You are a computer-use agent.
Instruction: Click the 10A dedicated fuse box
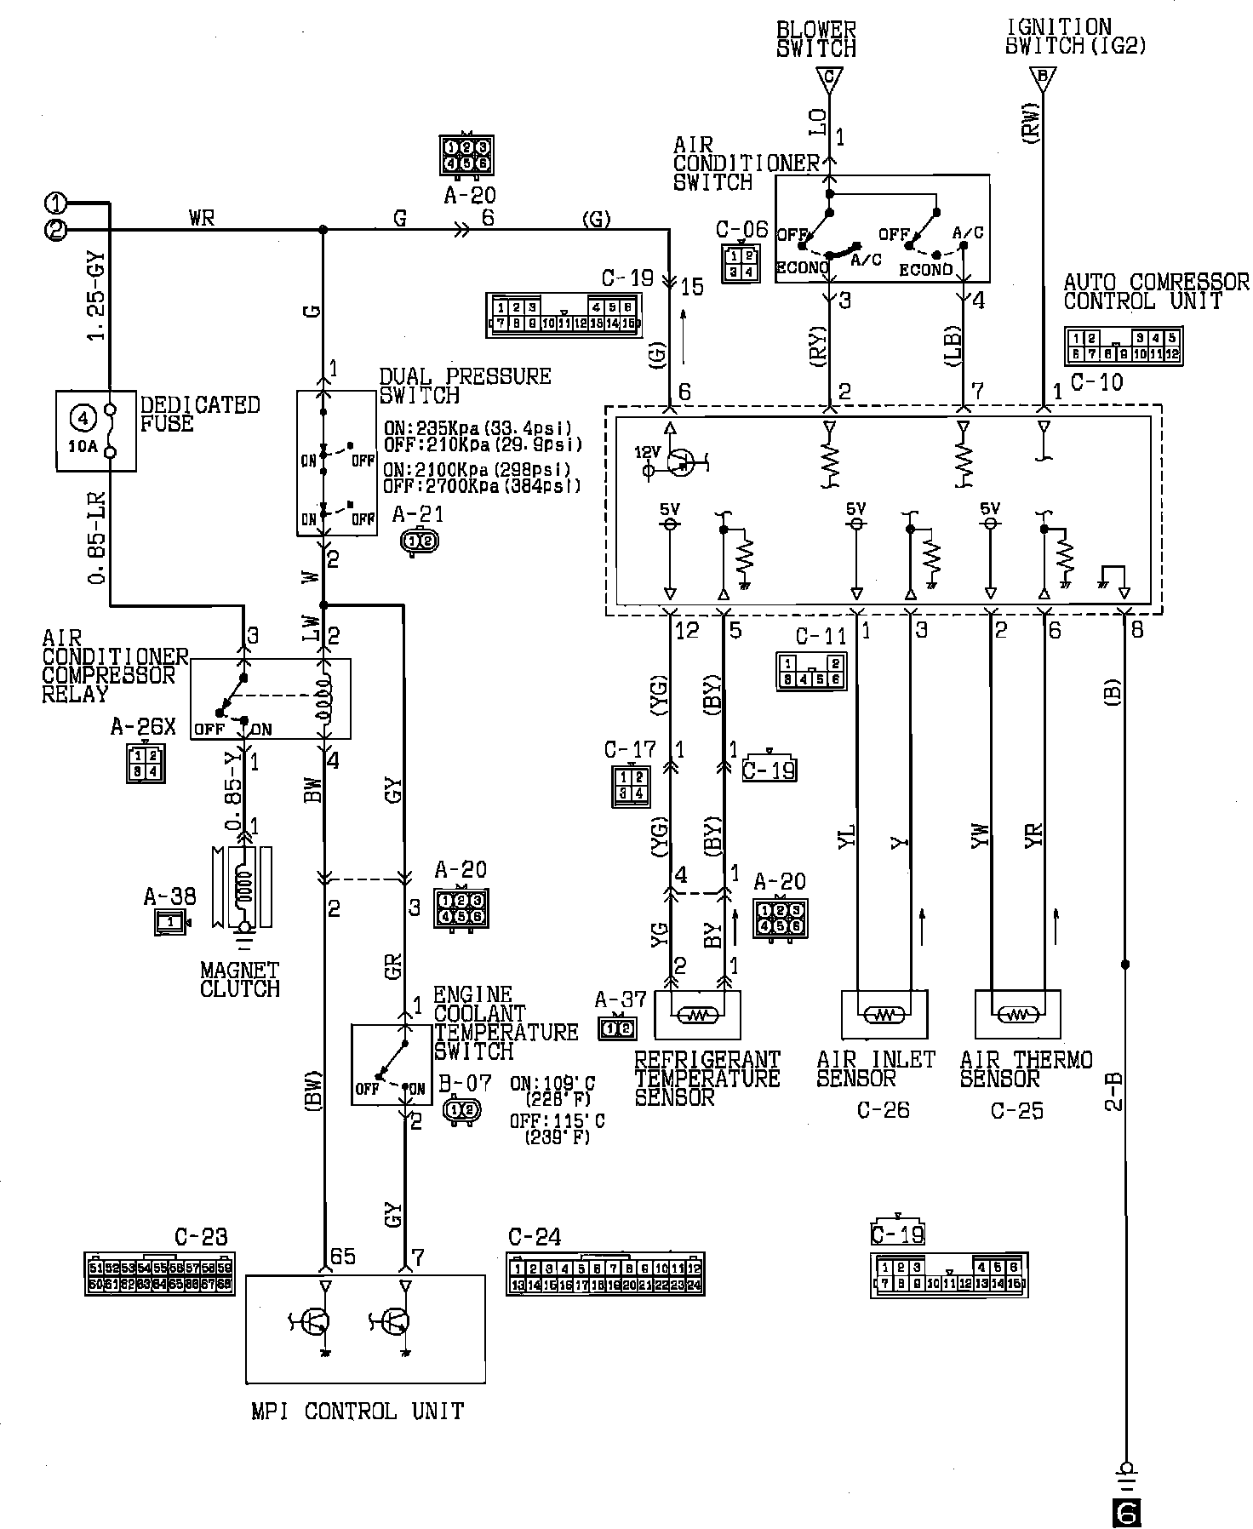tap(95, 431)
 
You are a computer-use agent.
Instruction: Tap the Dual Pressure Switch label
tap(465, 386)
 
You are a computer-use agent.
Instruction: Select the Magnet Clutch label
tap(239, 979)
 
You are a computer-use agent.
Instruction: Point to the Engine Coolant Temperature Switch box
tap(392, 1064)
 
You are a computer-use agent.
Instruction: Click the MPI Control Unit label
tap(358, 1411)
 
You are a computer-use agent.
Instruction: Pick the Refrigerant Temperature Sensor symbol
tap(697, 1014)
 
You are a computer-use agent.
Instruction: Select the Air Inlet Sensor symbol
tap(884, 1014)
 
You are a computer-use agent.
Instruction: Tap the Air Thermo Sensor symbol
tap(1017, 1014)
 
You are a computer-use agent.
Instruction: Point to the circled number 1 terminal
tap(55, 203)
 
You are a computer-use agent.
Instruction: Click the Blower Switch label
tap(815, 40)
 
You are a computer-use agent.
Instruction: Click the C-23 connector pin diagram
tap(159, 1274)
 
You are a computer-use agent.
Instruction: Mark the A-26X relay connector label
tap(143, 726)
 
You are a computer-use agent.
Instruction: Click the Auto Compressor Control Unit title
tap(1156, 291)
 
